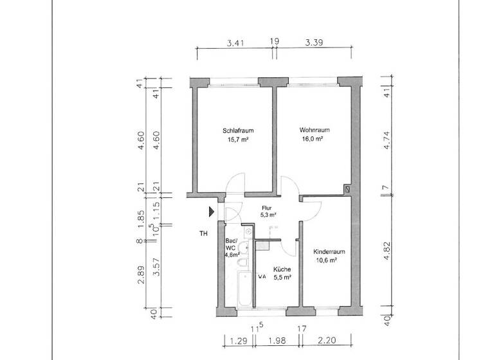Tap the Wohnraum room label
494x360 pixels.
tap(311, 130)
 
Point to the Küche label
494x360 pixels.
tap(282, 269)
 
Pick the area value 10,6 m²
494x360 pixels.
tap(327, 260)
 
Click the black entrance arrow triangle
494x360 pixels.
tap(211, 211)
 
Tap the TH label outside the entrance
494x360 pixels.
tap(203, 233)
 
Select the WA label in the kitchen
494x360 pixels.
tap(262, 276)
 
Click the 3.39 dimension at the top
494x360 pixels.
tap(314, 43)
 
